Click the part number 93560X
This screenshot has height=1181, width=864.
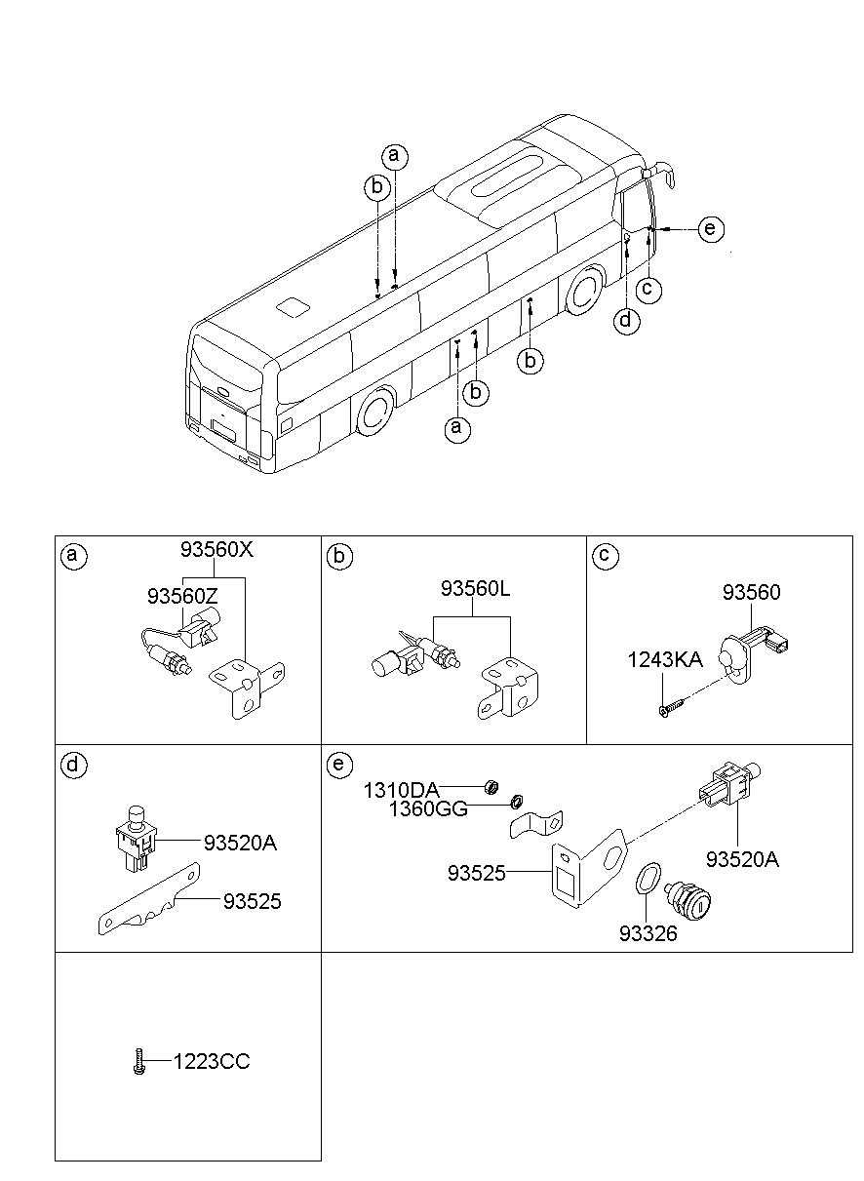[x=216, y=550]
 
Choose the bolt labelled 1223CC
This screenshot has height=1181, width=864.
[x=138, y=1062]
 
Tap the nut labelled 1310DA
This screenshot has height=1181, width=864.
[x=493, y=786]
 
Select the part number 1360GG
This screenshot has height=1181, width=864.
[x=427, y=808]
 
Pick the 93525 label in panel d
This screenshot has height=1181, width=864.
[x=252, y=902]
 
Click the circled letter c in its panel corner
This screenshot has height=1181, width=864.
[x=604, y=556]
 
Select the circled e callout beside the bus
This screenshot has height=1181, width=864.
[x=711, y=229]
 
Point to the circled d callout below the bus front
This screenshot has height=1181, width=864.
[x=627, y=319]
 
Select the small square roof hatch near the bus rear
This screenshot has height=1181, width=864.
[x=293, y=307]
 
